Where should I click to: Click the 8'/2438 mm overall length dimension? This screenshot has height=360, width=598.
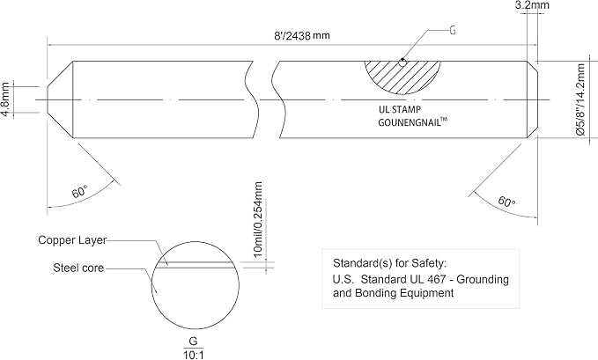coord(302,36)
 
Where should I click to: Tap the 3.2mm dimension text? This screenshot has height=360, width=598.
coord(533,5)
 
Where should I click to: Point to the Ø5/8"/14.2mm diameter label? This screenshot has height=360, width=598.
coord(580,99)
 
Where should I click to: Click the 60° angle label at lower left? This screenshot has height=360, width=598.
coord(80,191)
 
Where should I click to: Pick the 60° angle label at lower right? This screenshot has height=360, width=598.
coord(507,201)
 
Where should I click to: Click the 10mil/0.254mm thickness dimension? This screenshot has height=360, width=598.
coord(258,219)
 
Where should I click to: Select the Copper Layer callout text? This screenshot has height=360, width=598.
coord(72,240)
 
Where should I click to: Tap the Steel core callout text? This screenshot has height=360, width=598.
coord(78,268)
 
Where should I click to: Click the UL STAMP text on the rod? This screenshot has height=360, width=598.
coord(400,109)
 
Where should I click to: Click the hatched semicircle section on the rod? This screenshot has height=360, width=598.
coord(402,76)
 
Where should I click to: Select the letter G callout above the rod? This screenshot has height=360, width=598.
coord(453,30)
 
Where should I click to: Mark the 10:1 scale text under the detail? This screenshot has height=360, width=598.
coord(194,356)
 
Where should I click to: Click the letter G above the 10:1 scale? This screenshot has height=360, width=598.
coord(194,341)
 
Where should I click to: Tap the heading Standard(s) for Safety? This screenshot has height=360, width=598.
coord(389,263)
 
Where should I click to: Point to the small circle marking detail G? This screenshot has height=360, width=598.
coord(402,62)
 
